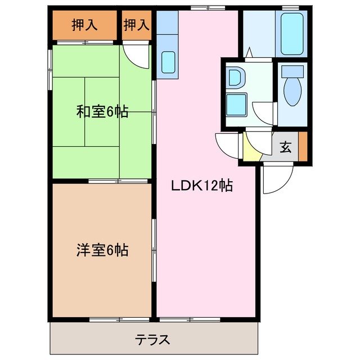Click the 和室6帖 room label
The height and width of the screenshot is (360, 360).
102,112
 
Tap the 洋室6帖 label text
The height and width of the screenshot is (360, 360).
102,250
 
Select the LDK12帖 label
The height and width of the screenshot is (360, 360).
202,185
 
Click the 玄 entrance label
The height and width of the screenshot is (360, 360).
286,148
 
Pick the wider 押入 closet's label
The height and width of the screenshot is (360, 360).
84,25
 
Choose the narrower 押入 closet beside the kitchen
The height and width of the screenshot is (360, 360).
137,25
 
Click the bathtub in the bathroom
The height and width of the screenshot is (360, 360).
291,34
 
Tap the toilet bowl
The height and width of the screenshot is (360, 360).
291,93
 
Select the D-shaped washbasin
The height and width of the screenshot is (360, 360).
235,78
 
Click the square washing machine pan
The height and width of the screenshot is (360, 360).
235,104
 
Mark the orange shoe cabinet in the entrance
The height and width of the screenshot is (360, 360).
303,146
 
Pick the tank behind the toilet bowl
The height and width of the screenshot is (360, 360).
291,71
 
